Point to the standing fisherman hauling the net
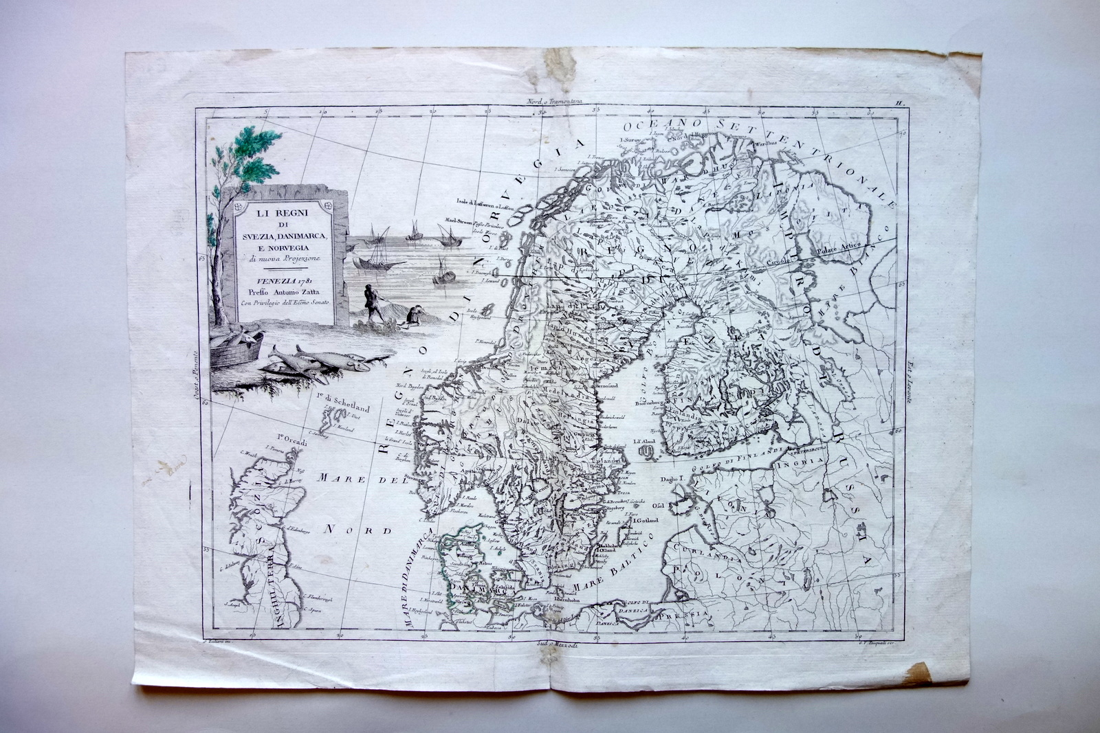coord(373,302)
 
